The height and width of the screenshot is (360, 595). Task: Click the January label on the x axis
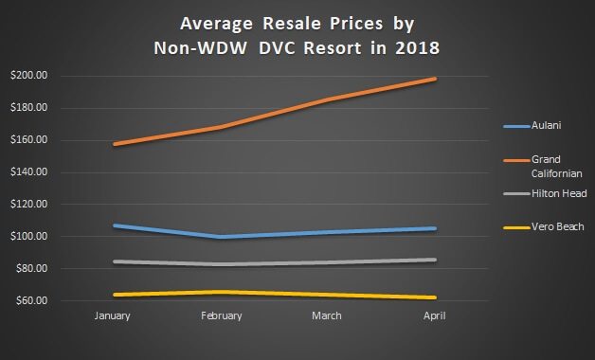coord(115,315)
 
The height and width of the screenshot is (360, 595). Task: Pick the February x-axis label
coord(221,315)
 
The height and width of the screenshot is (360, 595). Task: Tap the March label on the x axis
coord(327,315)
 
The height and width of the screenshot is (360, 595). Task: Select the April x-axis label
coord(433,315)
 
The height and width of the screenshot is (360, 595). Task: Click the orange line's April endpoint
coord(435,79)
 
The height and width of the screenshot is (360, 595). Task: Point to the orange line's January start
coord(115,144)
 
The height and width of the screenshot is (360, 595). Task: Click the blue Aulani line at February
coord(221,237)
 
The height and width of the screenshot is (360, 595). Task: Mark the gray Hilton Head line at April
coord(435,260)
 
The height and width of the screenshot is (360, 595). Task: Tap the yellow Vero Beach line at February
coord(221,292)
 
